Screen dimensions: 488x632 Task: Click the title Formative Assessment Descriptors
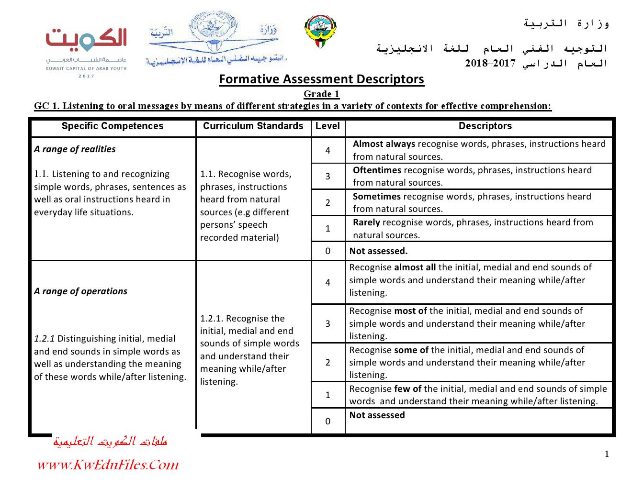coord(321,79)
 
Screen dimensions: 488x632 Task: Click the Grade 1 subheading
coord(321,94)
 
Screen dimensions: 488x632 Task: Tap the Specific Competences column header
coord(113,126)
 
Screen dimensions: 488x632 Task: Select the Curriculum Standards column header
coord(253,126)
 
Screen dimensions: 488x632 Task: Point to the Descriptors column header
coord(485,126)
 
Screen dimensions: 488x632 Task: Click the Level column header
coord(327,126)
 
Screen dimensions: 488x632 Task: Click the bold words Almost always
coord(384,144)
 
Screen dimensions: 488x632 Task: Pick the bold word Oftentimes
coord(377,170)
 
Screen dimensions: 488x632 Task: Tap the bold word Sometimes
coord(377,197)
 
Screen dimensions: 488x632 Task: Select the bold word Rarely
coord(366,222)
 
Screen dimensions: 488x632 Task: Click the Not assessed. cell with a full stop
coord(378,251)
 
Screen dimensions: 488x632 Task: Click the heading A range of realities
coord(75,149)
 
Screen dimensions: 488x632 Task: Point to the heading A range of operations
coord(80,291)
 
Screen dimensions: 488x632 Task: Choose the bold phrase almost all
coord(415,267)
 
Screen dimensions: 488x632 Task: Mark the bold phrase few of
coord(408,389)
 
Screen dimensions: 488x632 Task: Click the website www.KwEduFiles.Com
coord(108,465)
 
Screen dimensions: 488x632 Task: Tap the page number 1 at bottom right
coord(607,454)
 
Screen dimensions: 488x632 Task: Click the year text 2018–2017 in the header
coord(490,63)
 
